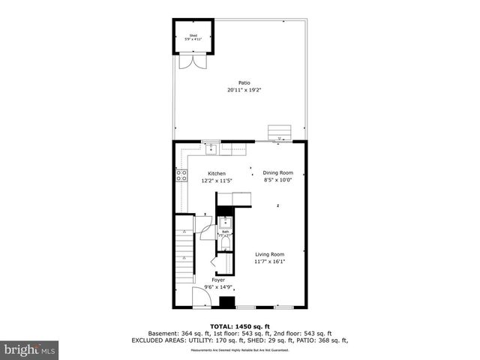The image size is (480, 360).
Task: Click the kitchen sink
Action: [x=212, y=148]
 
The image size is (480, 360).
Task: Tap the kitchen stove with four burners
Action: [x=181, y=176]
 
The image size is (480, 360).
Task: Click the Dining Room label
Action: [x=277, y=172]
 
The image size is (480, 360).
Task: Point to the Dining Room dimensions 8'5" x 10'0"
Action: [x=277, y=180]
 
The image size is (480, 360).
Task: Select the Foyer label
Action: [x=217, y=280]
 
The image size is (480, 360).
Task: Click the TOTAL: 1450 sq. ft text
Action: [x=239, y=327]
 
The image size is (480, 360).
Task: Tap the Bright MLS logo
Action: [x=30, y=349]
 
